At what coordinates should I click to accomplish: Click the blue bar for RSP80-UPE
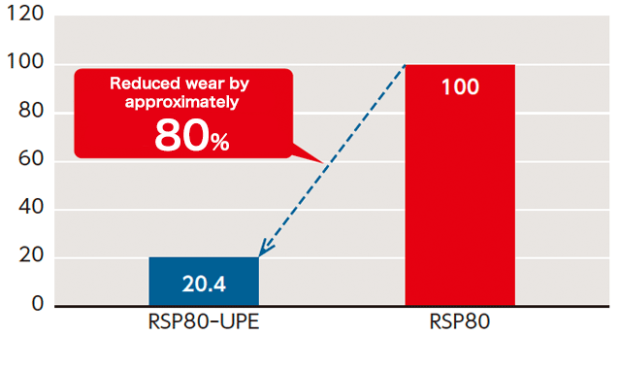tap(203, 282)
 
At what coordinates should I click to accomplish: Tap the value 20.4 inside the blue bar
tap(203, 285)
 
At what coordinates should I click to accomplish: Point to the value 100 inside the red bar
tap(459, 87)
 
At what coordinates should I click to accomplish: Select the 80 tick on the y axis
tap(29, 113)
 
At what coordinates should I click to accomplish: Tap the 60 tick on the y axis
tap(29, 160)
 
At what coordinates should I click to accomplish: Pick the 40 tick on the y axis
tap(29, 209)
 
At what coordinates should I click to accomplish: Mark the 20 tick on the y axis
tap(29, 256)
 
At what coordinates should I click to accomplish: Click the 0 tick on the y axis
tap(37, 304)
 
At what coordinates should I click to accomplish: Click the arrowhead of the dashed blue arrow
tap(264, 251)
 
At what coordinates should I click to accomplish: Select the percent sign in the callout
tap(218, 142)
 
